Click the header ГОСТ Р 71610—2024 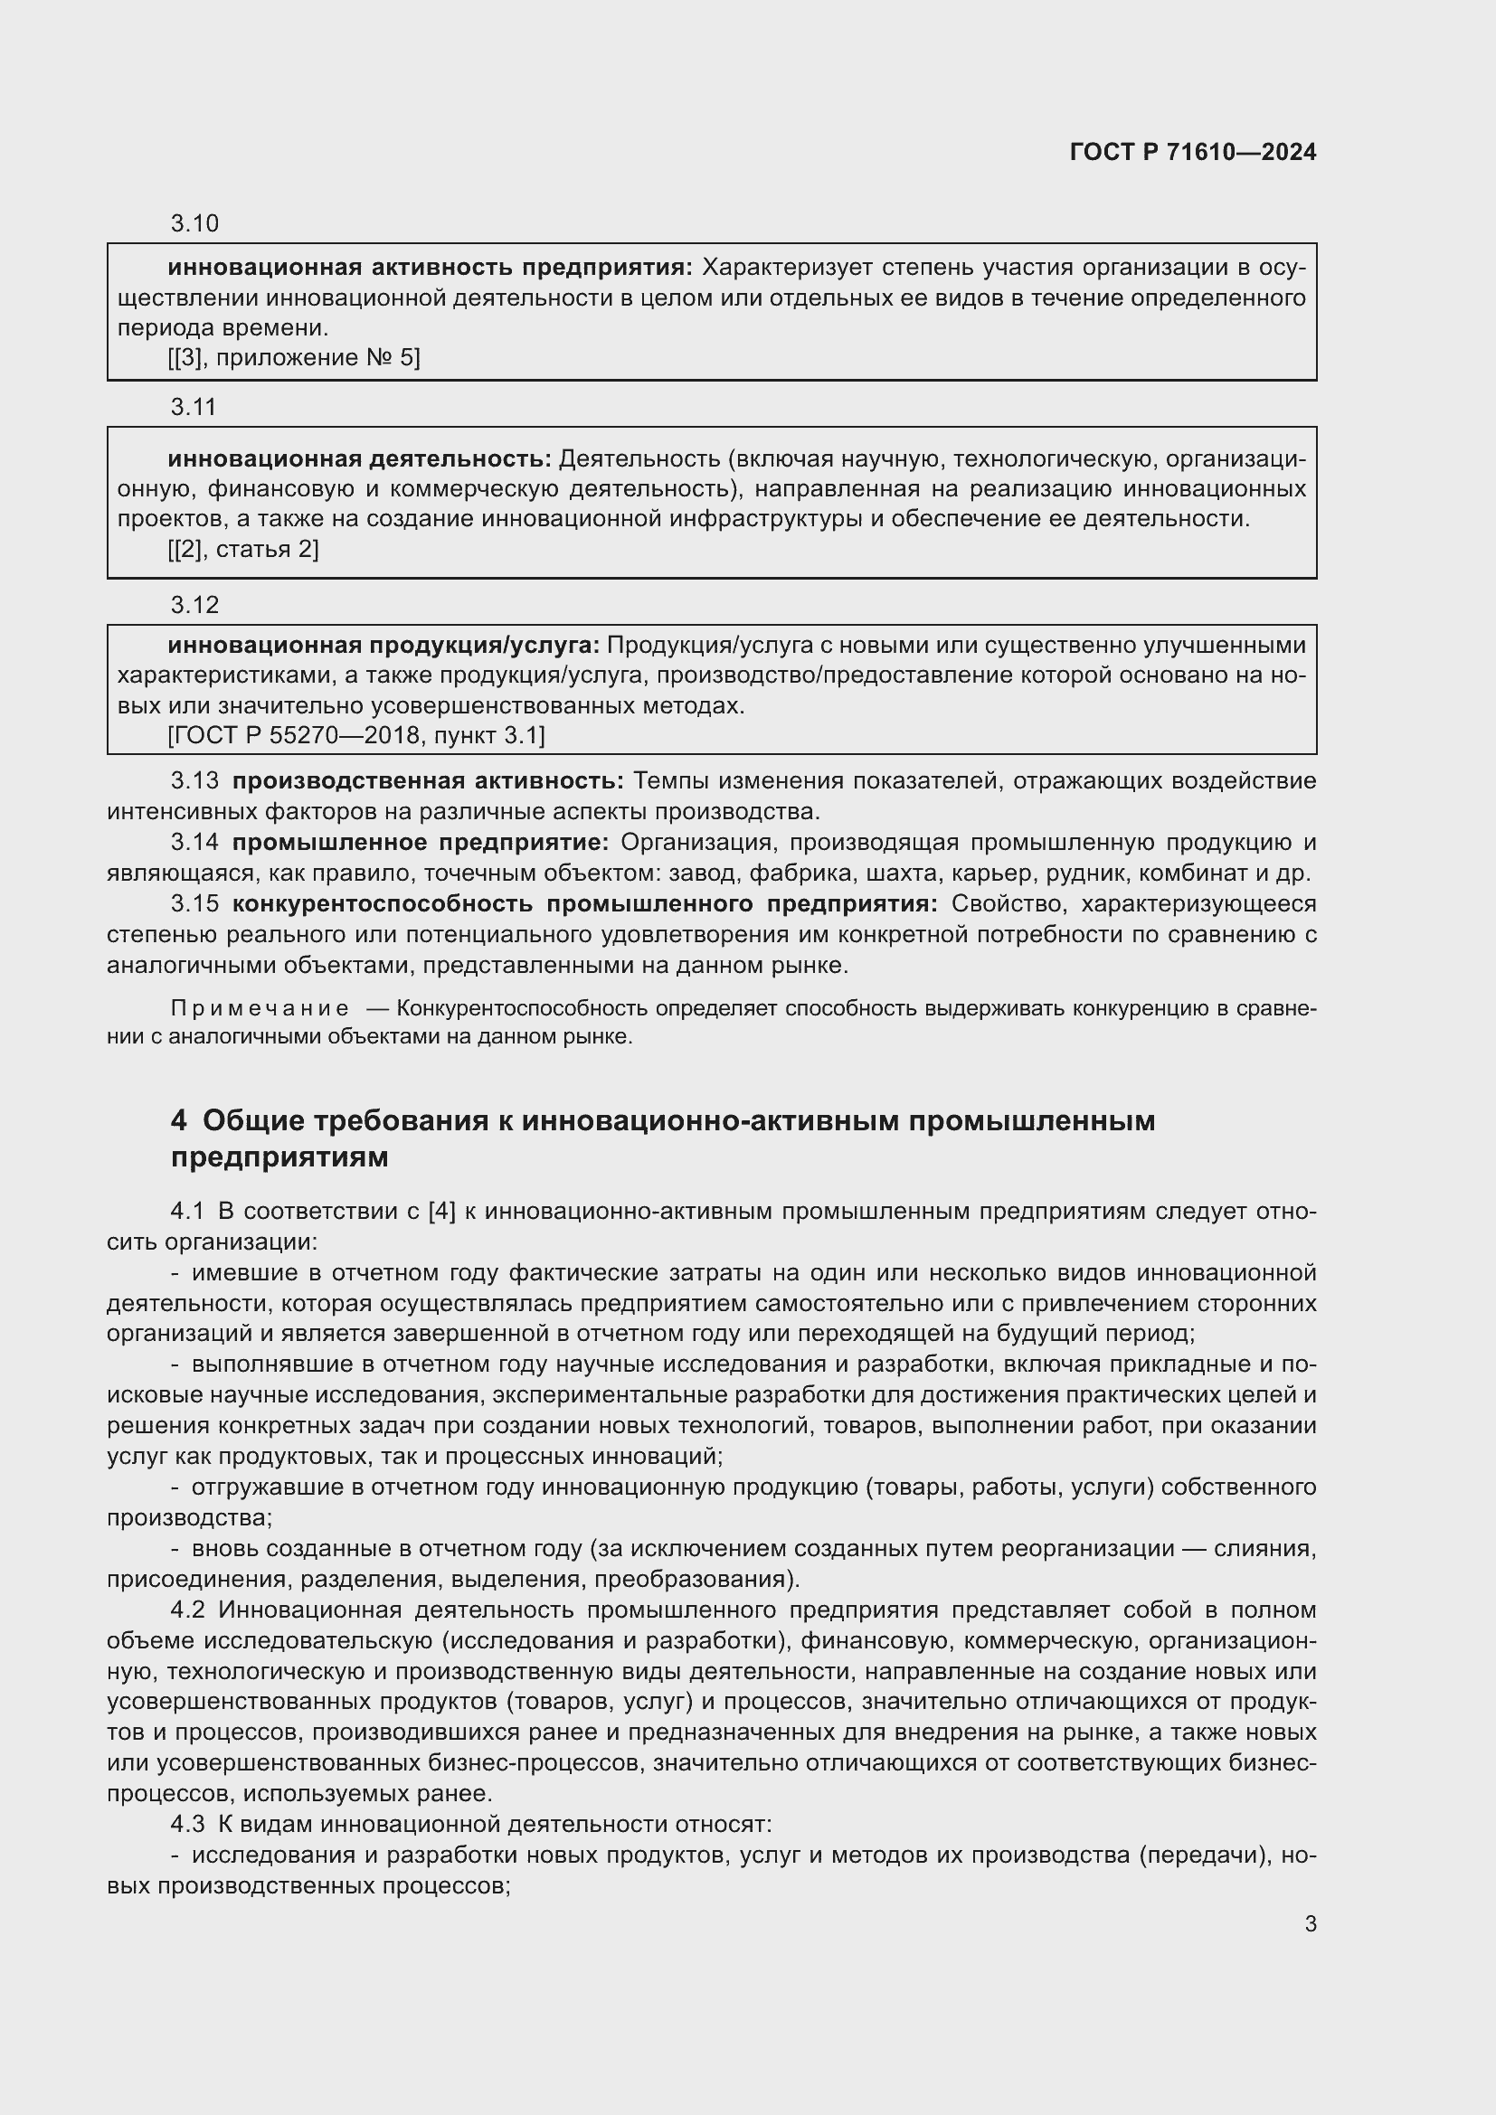coord(1192,152)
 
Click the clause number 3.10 coord(194,224)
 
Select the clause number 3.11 coord(194,407)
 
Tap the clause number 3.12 coord(194,604)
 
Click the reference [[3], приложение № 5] coord(294,358)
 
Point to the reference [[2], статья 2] coord(243,549)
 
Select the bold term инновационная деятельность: coord(359,458)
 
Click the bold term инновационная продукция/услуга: coord(383,645)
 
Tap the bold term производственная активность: coord(428,781)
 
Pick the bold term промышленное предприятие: coord(420,842)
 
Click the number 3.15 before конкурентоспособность coord(194,903)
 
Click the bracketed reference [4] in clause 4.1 coord(442,1212)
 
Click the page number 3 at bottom coord(1310,1924)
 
